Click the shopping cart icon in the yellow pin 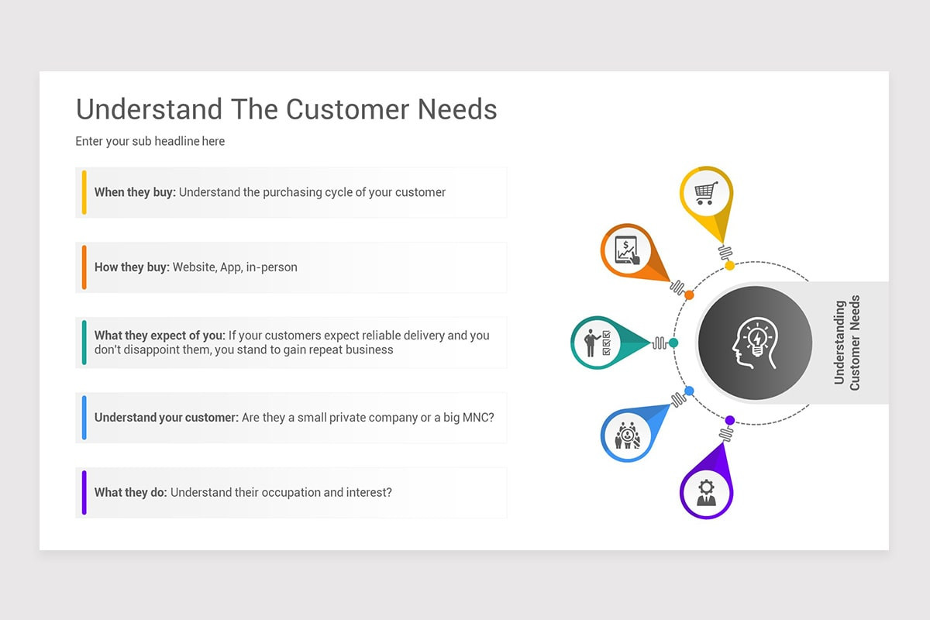705,193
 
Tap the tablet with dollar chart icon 627,250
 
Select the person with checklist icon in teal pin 598,343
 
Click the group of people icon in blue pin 627,436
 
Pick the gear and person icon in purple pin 706,492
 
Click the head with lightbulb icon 754,343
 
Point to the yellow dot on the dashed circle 729,266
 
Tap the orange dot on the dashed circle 689,294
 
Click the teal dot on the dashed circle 673,343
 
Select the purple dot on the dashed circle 729,420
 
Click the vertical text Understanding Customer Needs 846,343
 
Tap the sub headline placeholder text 150,141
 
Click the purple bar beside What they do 84,492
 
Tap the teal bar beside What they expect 84,342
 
